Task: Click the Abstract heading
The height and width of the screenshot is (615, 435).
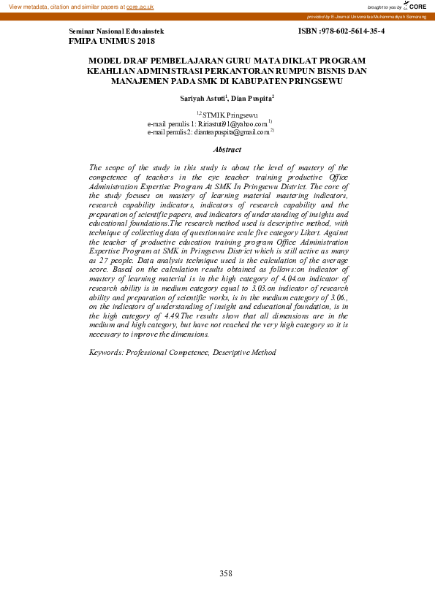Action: pyautogui.click(x=227, y=150)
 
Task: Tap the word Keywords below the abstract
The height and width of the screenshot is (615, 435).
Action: pyautogui.click(x=105, y=352)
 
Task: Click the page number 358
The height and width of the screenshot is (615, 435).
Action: pyautogui.click(x=226, y=573)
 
